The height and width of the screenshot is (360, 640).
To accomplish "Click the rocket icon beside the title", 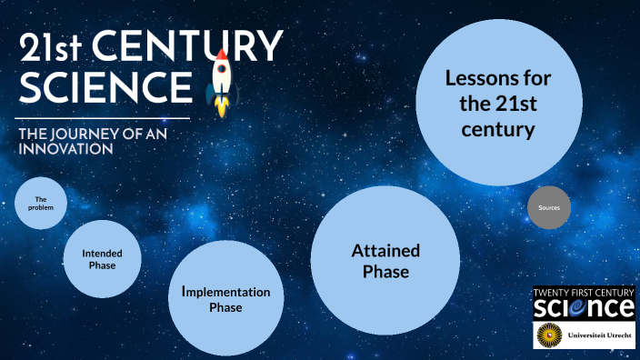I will point(222,84).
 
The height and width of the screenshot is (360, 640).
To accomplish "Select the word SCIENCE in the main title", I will point(105,87).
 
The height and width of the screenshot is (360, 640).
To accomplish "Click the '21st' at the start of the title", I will point(53,47).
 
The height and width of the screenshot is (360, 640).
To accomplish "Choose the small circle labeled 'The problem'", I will point(41,203).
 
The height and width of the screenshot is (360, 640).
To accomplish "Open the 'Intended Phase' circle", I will point(102,259).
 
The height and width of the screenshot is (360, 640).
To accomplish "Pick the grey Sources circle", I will point(549,208).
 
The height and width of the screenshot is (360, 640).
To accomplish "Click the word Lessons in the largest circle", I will point(497,78).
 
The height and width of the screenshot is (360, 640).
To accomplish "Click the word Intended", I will point(102,253).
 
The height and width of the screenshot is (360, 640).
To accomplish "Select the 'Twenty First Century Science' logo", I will point(584,303).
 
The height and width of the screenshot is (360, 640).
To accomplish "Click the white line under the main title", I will point(105,118).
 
